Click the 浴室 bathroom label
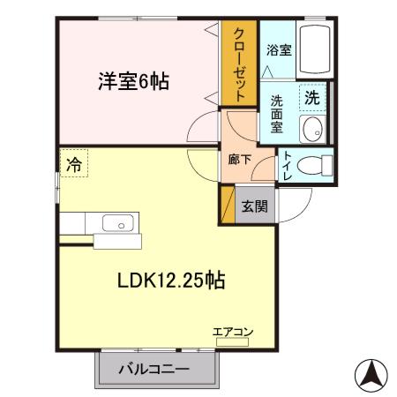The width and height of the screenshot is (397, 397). (279, 50)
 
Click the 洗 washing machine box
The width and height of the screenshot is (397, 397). (312, 98)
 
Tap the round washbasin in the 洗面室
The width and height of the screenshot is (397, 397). (312, 130)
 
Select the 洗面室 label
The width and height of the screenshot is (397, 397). (275, 113)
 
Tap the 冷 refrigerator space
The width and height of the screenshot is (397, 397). (74, 163)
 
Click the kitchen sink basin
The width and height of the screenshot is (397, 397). (116, 222)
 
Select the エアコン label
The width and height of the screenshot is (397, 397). (233, 332)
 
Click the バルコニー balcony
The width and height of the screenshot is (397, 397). (154, 368)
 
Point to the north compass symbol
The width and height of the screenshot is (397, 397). (371, 374)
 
